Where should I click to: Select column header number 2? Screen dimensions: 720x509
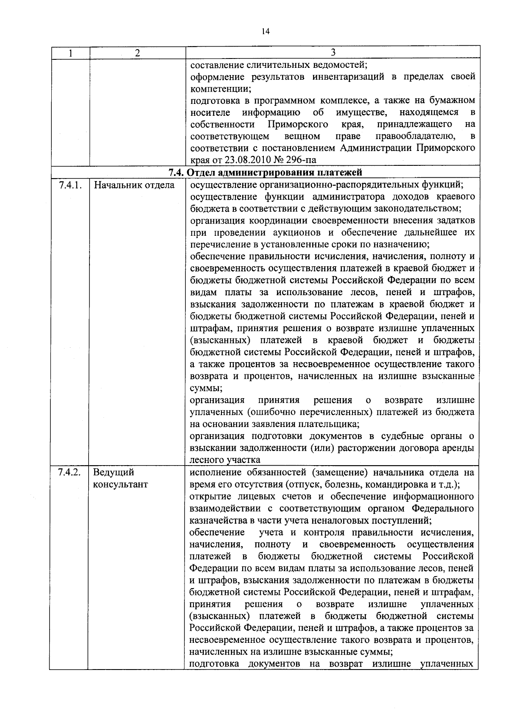click(x=137, y=53)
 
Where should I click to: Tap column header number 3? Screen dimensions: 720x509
click(x=333, y=53)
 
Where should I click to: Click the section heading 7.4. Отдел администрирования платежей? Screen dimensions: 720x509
click(x=265, y=172)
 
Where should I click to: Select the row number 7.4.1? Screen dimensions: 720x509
click(x=69, y=185)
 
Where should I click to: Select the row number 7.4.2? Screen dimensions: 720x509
click(x=69, y=472)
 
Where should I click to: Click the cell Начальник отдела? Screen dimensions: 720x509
click(x=134, y=185)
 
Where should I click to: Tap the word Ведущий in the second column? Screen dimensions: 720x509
click(x=114, y=472)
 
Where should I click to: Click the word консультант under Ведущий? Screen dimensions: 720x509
click(x=120, y=484)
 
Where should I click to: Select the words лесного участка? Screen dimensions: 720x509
click(x=225, y=460)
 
